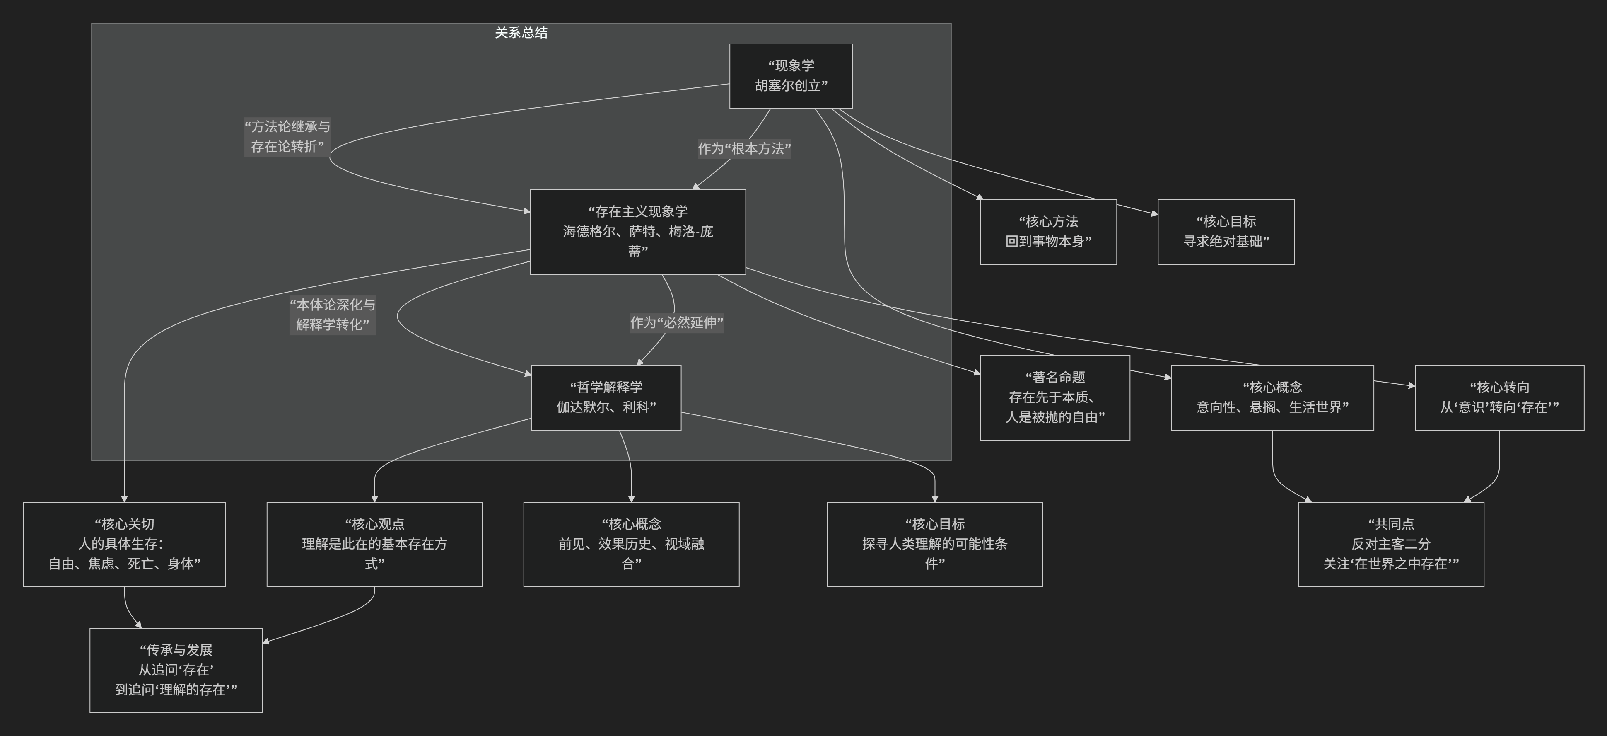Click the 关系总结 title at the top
[x=521, y=32]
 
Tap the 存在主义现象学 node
[x=637, y=232]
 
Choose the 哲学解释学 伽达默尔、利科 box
[x=606, y=398]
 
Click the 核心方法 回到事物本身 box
[x=1048, y=232]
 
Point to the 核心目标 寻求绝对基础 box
[x=1226, y=232]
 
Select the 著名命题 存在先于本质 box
[x=1055, y=398]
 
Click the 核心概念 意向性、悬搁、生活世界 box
[x=1272, y=398]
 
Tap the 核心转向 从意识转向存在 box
[x=1499, y=398]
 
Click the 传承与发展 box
[x=176, y=670]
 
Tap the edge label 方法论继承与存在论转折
[x=287, y=137]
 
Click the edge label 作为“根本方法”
[x=744, y=149]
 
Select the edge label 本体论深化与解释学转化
[x=333, y=315]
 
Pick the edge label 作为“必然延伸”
[x=676, y=323]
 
